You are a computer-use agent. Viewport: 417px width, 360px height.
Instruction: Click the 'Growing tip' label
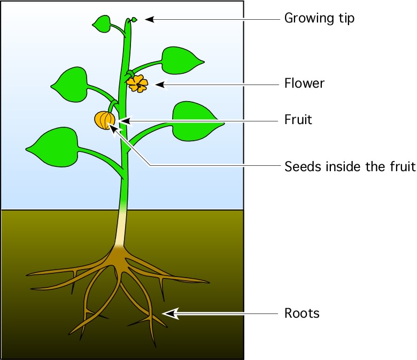click(319, 19)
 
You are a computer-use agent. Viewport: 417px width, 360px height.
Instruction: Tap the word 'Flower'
click(304, 83)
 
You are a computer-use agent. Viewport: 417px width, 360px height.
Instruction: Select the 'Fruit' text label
click(298, 120)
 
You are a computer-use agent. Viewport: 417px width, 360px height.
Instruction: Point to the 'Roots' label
click(302, 313)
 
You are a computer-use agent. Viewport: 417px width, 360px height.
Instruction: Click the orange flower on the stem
click(137, 83)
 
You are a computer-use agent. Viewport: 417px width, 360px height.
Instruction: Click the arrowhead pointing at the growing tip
click(150, 19)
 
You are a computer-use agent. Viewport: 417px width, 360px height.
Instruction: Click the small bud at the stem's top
click(134, 20)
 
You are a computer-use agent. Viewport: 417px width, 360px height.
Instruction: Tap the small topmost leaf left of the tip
click(102, 23)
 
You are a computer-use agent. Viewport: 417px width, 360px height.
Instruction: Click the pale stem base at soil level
click(120, 225)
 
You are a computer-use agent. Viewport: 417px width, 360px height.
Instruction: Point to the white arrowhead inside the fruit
click(112, 127)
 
